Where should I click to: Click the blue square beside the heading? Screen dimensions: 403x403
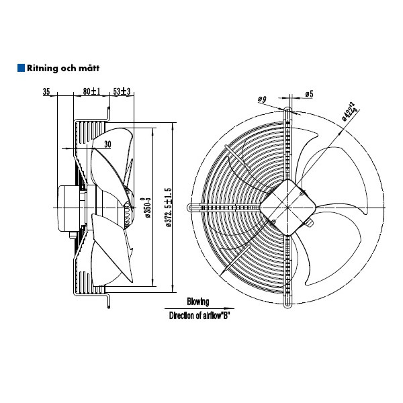coord(21,68)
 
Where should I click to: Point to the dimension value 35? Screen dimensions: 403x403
coord(46,91)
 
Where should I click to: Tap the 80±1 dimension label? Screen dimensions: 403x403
coord(91,91)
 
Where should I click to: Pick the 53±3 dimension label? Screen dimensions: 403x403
coord(122,91)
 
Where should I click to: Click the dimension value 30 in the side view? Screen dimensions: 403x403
coord(107,143)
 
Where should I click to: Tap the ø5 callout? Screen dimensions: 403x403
coord(309,94)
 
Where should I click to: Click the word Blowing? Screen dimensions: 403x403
coord(198,302)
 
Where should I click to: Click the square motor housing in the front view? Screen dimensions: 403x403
coord(287,201)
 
